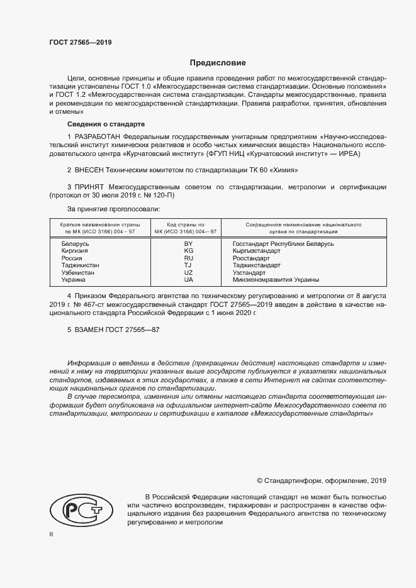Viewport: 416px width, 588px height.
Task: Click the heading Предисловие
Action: point(218,63)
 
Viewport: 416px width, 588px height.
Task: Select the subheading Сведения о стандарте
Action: point(106,125)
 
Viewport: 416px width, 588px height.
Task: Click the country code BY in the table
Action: point(188,243)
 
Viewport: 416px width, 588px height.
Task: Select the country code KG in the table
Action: point(188,250)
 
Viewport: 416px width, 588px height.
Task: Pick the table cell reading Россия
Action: point(72,258)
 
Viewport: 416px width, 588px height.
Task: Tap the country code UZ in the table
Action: point(188,272)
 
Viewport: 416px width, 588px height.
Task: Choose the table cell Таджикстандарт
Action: point(257,265)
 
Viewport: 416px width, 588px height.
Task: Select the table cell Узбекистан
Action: point(78,272)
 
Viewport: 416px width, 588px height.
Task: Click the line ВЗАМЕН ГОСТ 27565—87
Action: point(113,329)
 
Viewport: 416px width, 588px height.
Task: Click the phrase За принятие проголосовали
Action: point(113,208)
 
